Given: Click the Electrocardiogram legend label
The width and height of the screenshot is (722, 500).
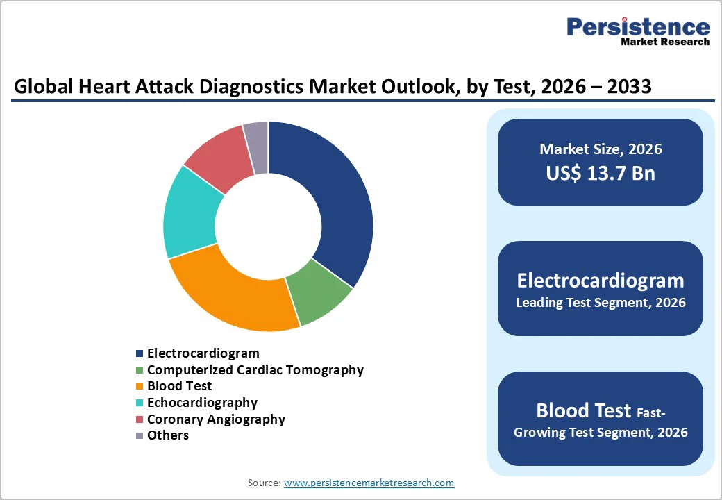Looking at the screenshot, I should pos(203,353).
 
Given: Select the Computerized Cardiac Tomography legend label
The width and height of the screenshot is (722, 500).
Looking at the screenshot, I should pos(255,370).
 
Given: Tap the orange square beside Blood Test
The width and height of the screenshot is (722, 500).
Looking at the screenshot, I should pos(140,386).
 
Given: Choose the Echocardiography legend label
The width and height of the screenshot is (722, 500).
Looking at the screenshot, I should pos(202,403).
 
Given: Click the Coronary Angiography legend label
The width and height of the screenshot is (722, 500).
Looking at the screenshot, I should pos(216,419).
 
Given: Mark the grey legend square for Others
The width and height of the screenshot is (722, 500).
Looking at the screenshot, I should pos(140,435).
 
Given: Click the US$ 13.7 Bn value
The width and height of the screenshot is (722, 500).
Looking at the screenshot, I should pos(600,173).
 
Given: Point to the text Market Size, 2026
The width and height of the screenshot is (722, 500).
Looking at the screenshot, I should pos(600,149).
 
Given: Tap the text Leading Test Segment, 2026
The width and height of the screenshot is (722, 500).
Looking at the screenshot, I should pos(600,303).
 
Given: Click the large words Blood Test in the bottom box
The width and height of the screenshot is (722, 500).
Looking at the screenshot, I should pos(583,410).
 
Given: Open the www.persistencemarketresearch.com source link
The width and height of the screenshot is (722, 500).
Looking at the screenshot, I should pos(369,483).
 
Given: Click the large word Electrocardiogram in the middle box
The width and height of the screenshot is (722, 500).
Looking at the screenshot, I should pos(600,280).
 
